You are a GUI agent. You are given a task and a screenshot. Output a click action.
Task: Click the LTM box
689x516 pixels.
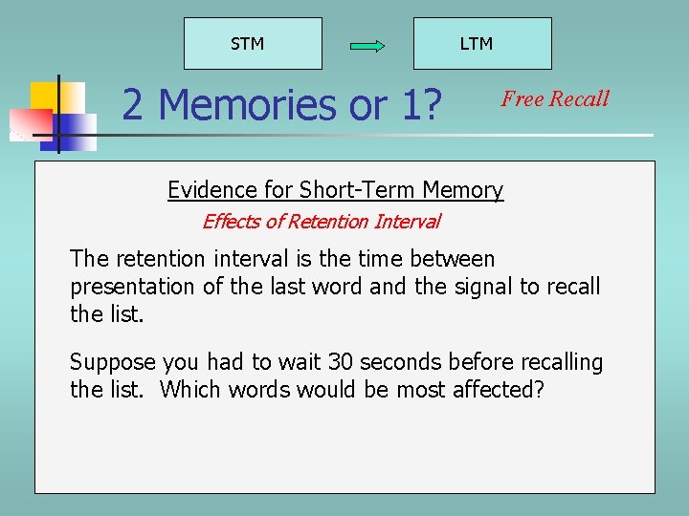482,44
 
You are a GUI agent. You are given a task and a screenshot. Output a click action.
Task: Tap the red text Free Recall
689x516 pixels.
555,98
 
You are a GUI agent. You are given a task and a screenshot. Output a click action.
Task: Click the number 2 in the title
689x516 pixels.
133,105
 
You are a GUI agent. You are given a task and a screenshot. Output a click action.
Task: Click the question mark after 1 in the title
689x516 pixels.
439,105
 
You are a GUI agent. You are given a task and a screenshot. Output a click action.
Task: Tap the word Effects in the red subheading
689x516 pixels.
231,222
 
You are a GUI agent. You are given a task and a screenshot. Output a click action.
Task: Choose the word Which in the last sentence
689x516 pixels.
189,390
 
